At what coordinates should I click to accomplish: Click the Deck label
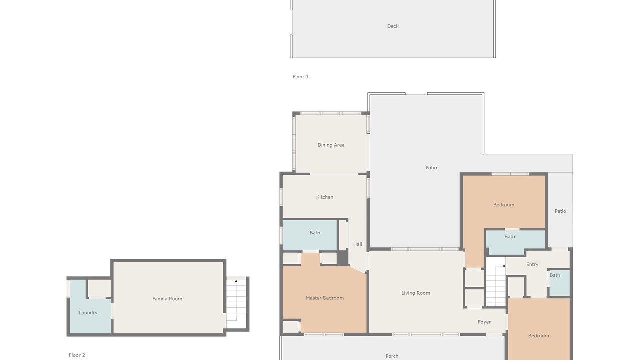click(x=393, y=26)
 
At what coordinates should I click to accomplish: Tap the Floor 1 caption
click(x=300, y=77)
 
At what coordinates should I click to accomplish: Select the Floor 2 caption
click(x=77, y=355)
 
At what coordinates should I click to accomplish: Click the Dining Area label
click(x=331, y=145)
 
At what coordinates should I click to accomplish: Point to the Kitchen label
click(x=325, y=197)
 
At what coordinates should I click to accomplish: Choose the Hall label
click(x=357, y=244)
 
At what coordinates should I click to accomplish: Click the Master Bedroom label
click(x=325, y=298)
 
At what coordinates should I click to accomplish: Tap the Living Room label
click(x=415, y=293)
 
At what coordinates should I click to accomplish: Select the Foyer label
click(x=484, y=322)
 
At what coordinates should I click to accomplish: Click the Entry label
click(x=532, y=265)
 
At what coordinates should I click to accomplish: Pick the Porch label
click(x=392, y=356)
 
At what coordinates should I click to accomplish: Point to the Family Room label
click(x=167, y=299)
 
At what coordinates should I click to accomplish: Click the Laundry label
click(x=88, y=313)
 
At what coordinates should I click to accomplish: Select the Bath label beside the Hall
click(x=315, y=233)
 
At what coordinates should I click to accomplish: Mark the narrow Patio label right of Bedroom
click(x=560, y=211)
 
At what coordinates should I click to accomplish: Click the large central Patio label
click(x=431, y=168)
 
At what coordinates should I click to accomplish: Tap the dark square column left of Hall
click(x=343, y=258)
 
